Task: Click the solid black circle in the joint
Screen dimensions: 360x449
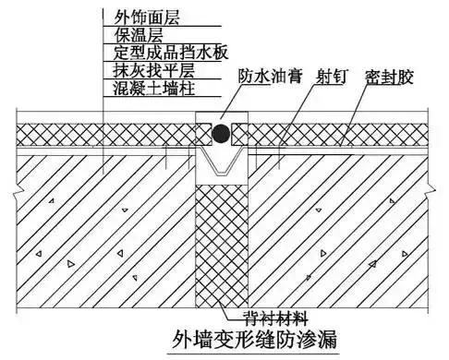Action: click(x=221, y=136)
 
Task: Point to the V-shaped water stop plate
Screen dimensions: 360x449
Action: click(x=221, y=164)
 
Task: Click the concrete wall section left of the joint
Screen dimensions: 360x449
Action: click(x=102, y=231)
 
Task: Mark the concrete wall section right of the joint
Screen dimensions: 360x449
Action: click(x=342, y=231)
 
